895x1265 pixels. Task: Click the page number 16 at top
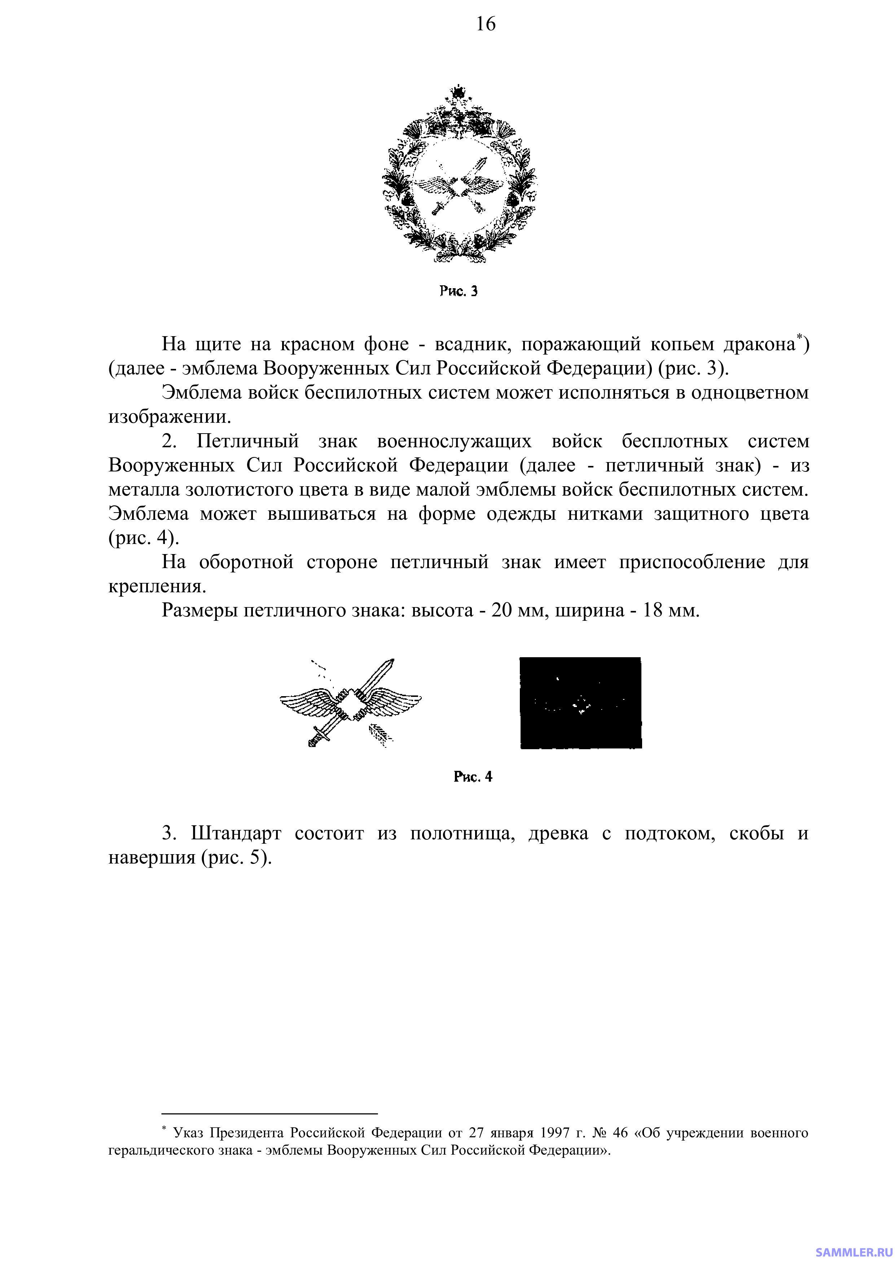[x=486, y=24]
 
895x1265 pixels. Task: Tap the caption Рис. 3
[x=458, y=291]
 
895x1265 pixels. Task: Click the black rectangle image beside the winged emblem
[x=580, y=702]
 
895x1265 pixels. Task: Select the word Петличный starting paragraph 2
[x=248, y=441]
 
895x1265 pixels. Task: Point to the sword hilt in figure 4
[x=319, y=735]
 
